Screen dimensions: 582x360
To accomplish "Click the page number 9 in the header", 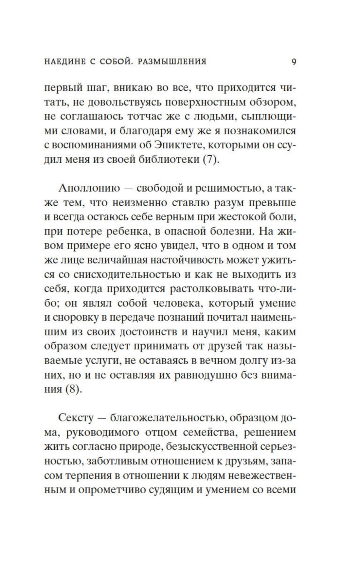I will click(294, 62).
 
